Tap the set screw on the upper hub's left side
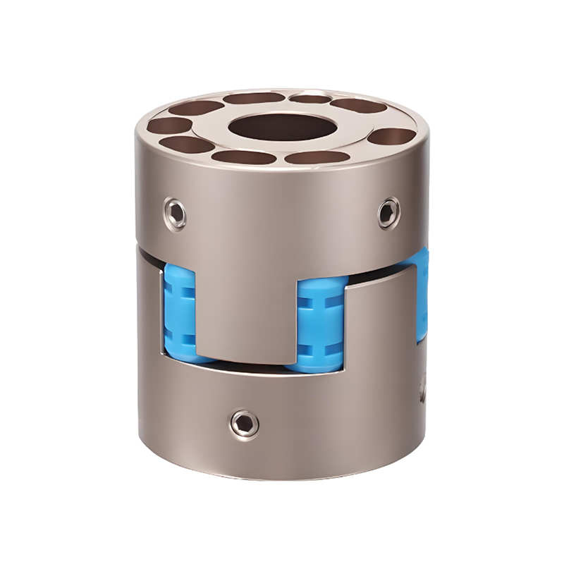pos(176,212)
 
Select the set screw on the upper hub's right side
pos(387,212)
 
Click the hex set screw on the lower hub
pos(243,422)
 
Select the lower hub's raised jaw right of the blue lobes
pos(384,331)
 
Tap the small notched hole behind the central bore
pos(310,98)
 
